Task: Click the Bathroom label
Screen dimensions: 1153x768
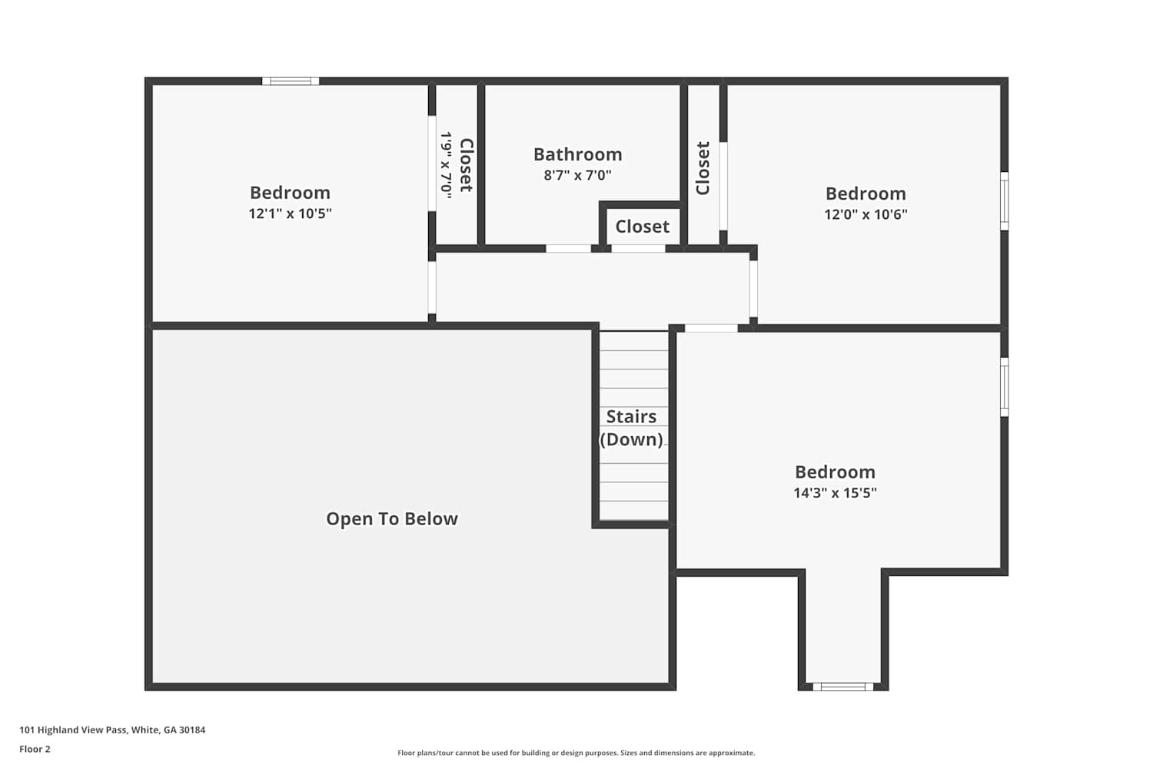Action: [577, 154]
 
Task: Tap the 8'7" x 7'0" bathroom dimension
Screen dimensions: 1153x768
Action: [577, 175]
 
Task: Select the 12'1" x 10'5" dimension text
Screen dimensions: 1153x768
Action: [291, 214]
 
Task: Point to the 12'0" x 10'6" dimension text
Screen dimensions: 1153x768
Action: [866, 214]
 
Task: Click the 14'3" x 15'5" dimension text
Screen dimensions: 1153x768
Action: [835, 493]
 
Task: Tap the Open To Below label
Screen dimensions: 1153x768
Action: [392, 518]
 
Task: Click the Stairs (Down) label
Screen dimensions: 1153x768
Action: [631, 428]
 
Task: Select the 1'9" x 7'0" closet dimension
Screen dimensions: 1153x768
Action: [446, 165]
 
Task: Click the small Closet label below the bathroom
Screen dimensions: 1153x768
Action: [643, 227]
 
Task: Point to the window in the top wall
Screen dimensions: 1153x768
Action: [291, 81]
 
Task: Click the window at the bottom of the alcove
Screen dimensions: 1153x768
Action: [843, 687]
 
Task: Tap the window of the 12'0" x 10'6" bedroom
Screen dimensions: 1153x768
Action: [1004, 201]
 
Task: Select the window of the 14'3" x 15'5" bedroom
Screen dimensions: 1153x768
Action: [1004, 387]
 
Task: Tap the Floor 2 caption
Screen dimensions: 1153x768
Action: [35, 749]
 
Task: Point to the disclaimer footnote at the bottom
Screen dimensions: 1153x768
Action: [576, 753]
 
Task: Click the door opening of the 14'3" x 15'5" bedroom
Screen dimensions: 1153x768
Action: [711, 328]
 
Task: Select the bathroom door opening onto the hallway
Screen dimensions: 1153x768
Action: [568, 249]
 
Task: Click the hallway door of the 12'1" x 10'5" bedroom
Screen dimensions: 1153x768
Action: [432, 287]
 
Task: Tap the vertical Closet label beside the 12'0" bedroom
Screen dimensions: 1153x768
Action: [703, 168]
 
